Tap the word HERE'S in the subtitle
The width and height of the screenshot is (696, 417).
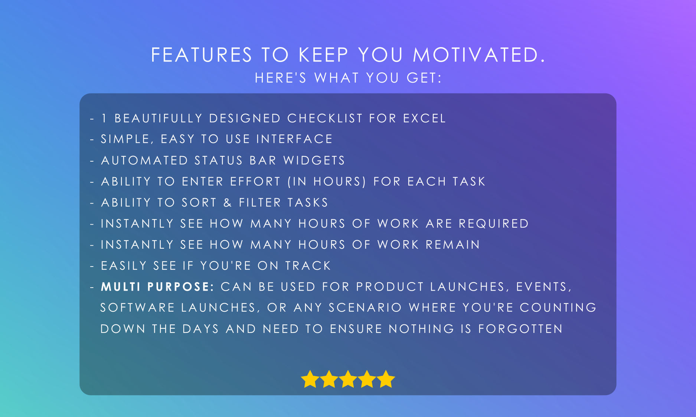(281, 78)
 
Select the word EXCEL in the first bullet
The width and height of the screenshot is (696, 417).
(424, 118)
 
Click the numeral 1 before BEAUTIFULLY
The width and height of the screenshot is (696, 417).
(104, 118)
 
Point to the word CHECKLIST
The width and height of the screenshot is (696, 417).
(325, 118)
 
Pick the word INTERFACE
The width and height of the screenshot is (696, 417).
(294, 139)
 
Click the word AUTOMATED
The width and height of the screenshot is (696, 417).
(145, 160)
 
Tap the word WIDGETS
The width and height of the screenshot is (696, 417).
(314, 160)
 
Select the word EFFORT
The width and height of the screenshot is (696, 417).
(255, 182)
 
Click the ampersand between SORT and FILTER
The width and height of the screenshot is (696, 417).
(228, 203)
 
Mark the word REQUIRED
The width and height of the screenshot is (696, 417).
(494, 224)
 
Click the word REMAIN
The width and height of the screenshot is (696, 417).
(453, 245)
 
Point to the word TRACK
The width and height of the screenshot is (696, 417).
(308, 266)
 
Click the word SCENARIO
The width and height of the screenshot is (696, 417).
(365, 308)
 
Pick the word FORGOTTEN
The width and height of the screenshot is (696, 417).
(520, 329)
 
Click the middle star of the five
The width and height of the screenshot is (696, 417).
(348, 379)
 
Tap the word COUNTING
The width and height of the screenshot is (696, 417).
(558, 308)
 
